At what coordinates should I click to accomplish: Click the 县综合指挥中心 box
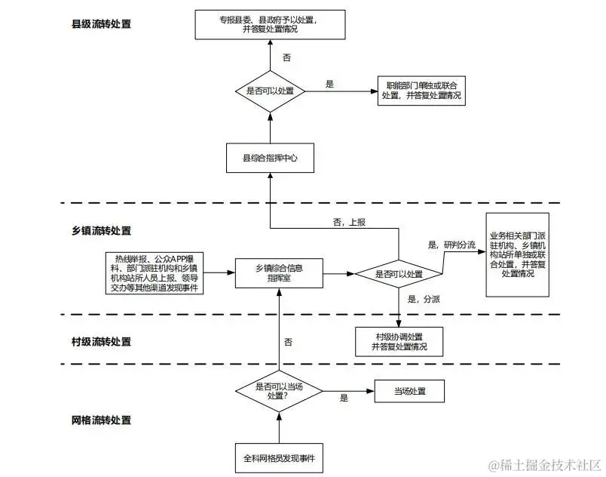(x=271, y=158)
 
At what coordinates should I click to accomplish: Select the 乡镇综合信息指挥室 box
(x=279, y=272)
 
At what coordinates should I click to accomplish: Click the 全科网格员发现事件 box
(x=279, y=458)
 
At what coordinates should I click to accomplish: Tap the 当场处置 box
(x=410, y=392)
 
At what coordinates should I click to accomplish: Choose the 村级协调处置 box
(x=399, y=341)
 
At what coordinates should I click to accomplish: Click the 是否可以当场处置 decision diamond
(x=279, y=390)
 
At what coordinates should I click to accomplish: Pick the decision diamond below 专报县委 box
(x=271, y=91)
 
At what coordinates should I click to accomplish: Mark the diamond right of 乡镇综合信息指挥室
(x=399, y=273)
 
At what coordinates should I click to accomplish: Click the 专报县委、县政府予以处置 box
(x=271, y=23)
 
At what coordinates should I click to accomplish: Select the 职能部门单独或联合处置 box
(x=421, y=91)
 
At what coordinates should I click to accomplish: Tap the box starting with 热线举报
(x=155, y=272)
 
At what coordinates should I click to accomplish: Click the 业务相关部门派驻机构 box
(x=518, y=254)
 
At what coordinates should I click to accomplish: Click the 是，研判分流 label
(x=451, y=245)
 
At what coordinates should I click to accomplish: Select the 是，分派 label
(x=423, y=300)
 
